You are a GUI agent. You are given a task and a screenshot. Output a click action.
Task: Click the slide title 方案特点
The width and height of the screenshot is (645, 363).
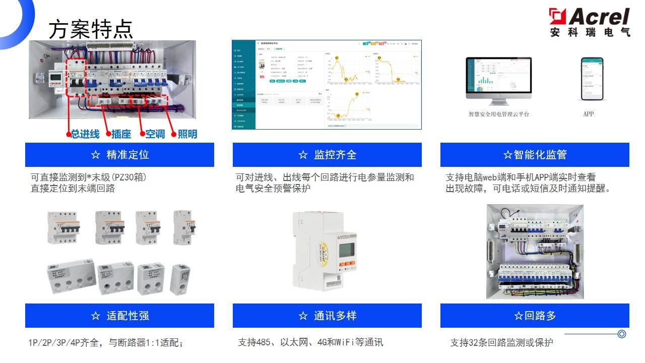coord(91,30)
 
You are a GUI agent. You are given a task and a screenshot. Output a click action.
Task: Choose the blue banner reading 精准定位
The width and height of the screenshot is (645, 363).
coord(119,155)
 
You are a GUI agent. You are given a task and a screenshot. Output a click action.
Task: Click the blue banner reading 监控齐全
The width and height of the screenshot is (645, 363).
coord(327,155)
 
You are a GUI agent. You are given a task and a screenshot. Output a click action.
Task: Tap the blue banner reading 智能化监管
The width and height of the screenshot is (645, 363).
coord(535,155)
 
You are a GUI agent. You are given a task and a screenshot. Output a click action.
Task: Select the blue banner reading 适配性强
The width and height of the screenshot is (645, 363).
coord(119,316)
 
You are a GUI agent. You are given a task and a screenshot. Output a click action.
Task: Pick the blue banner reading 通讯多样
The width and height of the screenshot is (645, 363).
coord(327,316)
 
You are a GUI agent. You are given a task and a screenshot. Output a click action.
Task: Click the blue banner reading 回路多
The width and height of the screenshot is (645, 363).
coord(535,316)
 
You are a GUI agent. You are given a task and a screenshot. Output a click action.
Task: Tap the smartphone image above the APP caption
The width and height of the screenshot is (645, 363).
coord(592,79)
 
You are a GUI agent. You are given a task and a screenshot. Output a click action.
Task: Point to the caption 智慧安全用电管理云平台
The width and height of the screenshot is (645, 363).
coord(498,114)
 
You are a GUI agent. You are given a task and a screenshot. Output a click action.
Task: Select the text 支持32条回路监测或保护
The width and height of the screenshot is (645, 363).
coord(501,343)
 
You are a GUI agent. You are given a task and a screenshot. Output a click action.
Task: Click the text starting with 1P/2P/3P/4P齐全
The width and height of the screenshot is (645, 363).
coord(105,343)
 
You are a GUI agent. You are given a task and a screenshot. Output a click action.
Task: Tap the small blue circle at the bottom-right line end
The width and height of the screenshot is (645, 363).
coord(622,334)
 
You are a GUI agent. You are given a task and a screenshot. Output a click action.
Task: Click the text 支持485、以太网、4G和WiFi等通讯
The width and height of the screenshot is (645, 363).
coord(310,343)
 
